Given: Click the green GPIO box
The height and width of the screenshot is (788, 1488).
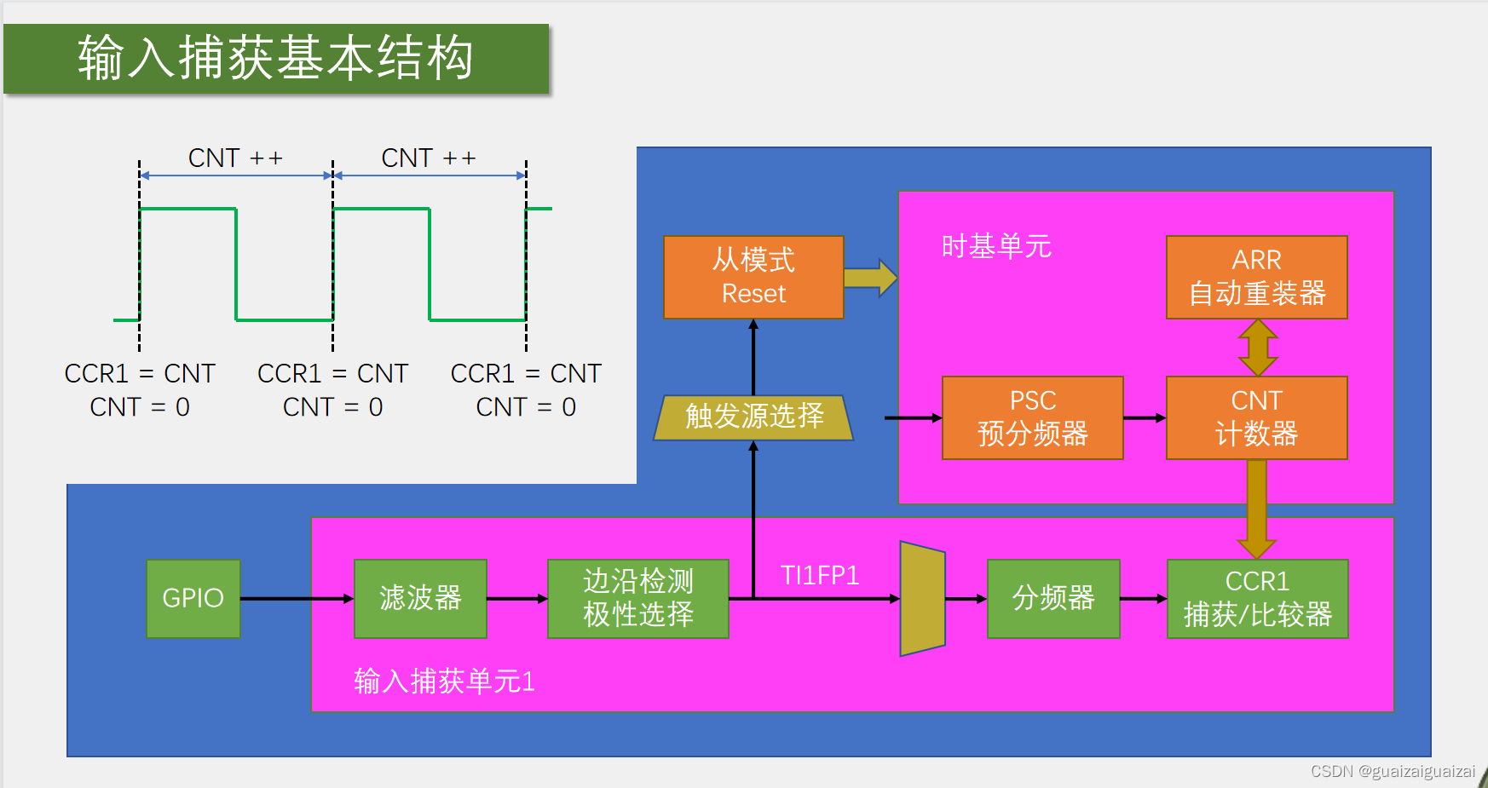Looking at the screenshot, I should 193,598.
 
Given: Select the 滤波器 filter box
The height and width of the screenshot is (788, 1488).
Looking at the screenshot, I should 420,598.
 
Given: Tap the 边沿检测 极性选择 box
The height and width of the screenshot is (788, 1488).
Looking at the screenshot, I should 637,598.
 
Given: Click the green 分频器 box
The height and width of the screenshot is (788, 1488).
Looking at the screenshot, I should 1053,598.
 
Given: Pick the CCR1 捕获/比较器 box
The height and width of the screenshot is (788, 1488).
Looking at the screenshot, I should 1257,598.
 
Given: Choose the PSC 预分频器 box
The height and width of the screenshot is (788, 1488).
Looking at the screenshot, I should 1032,417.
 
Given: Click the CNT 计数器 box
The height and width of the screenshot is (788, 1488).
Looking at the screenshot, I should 1256,417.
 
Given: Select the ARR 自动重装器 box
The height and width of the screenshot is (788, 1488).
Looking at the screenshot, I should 1256,277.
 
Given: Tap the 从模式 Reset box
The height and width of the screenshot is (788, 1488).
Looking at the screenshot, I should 753,277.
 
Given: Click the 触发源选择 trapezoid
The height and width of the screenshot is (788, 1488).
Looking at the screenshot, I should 753,417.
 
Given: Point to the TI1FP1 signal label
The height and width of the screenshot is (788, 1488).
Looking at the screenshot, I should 819,576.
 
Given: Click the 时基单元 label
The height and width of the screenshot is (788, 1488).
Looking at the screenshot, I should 995,246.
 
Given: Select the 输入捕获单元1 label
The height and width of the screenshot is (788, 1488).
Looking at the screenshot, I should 444,682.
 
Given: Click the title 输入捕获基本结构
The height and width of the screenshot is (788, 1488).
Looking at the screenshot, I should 275,58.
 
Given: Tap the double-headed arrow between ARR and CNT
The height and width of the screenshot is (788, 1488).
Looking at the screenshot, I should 1257,348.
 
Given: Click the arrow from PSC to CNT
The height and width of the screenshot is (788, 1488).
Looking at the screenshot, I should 1145,418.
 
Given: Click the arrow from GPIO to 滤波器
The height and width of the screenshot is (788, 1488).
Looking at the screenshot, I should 297,599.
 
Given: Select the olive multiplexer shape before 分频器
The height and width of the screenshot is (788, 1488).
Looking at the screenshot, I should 922,599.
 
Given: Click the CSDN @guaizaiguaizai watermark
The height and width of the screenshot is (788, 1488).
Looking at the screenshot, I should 1393,771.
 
